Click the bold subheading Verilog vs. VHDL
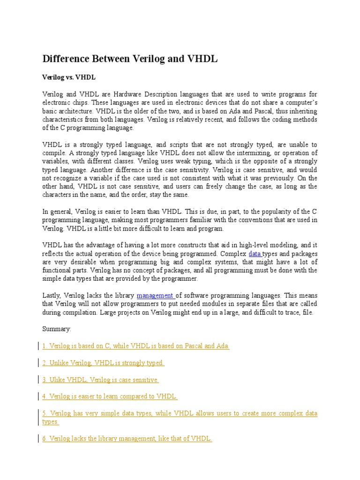tap(69, 77)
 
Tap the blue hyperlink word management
tap(155, 296)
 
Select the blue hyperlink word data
tap(255, 254)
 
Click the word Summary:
tap(57, 329)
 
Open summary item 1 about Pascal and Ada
tap(136, 346)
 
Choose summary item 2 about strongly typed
tap(103, 363)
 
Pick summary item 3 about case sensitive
tap(101, 380)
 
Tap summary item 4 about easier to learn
tap(110, 397)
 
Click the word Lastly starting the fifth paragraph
tap(52, 296)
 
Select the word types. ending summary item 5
tap(51, 421)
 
